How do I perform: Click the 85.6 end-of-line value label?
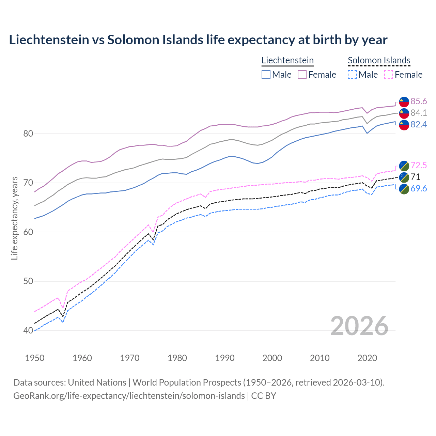[419, 101]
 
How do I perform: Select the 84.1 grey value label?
[419, 113]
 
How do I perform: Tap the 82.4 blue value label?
[419, 124]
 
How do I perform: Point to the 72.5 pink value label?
[419, 165]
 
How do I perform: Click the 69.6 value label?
[419, 188]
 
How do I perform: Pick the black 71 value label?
[415, 177]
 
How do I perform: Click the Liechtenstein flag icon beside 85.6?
[404, 102]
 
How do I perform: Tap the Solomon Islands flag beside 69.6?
[404, 189]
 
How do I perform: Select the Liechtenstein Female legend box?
[302, 75]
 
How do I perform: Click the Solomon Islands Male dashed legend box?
[352, 75]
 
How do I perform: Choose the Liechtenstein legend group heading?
[287, 60]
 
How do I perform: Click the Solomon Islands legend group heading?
[379, 60]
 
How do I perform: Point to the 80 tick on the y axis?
[28, 134]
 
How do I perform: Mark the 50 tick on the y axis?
[28, 281]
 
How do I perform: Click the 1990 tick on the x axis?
[225, 358]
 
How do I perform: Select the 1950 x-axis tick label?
[35, 358]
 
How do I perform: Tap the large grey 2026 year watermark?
[359, 326]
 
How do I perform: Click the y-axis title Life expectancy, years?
[15, 218]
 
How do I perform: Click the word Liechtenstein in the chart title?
[49, 40]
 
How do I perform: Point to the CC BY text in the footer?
[264, 396]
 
